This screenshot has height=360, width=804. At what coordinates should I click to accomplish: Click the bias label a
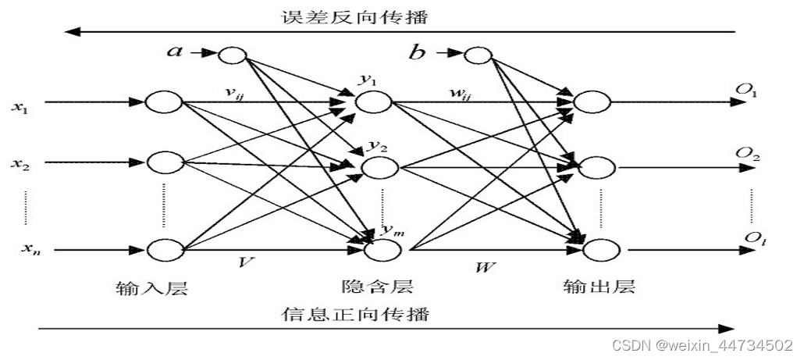[176, 52]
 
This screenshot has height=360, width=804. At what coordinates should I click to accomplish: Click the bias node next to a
[232, 54]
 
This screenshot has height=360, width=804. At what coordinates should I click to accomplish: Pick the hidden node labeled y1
[373, 102]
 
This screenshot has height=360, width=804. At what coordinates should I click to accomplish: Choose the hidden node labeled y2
[380, 167]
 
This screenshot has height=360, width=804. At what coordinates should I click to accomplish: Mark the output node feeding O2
[592, 167]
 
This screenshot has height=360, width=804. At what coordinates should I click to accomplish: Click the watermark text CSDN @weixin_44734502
[702, 344]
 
